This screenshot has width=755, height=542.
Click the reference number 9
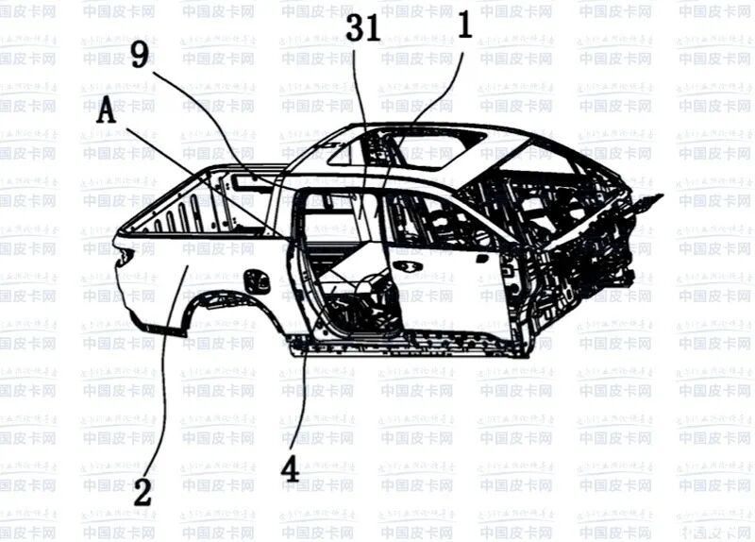point(139,58)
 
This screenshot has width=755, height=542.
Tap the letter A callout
point(107,113)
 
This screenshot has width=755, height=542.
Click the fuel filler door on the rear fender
point(253,280)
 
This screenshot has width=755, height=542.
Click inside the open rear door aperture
point(344,264)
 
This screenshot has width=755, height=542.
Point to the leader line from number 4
point(300,387)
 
